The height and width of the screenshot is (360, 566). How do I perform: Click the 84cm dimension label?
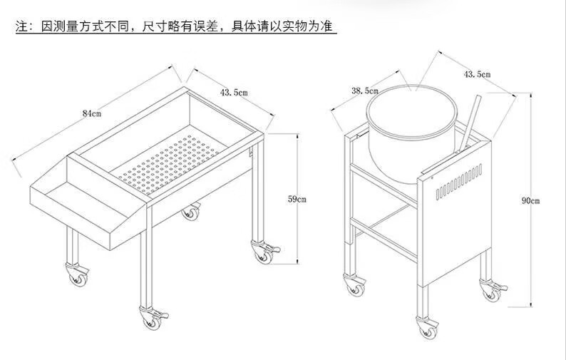(91, 113)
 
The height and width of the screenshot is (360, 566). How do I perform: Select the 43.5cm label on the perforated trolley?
(233, 93)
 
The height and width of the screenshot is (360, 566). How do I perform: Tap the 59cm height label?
(297, 199)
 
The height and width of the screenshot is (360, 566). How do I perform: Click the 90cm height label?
(530, 201)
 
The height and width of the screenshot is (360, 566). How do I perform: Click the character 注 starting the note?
(21, 27)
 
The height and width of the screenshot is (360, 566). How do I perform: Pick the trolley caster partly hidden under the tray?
(190, 212)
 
